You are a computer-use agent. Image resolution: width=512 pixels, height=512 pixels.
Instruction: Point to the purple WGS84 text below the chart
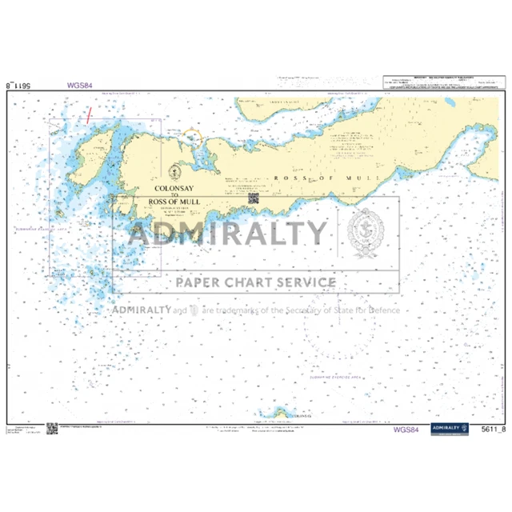click(x=406, y=430)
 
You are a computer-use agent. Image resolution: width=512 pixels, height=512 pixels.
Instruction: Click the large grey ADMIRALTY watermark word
click(x=228, y=234)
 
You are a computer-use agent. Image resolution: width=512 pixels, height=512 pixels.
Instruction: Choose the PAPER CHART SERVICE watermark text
click(x=256, y=282)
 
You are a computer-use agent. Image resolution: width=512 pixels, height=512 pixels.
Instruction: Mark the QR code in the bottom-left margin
click(x=51, y=429)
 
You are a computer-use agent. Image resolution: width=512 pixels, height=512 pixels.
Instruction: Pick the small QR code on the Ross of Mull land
click(x=254, y=198)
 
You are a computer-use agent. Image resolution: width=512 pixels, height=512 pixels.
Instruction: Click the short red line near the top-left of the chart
click(x=89, y=114)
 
